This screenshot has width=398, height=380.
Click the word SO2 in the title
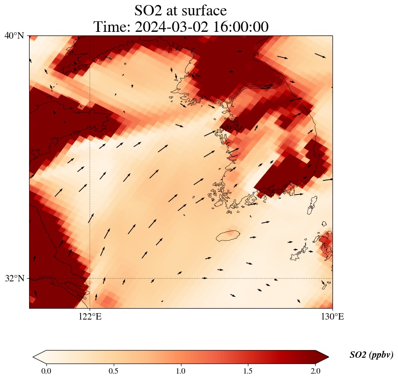149,10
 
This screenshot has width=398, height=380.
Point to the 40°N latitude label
15,35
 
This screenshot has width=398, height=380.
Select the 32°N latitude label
15,278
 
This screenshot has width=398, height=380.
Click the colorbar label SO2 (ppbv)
371,355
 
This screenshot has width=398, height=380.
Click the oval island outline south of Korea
228,235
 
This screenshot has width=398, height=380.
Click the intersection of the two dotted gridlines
90,278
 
